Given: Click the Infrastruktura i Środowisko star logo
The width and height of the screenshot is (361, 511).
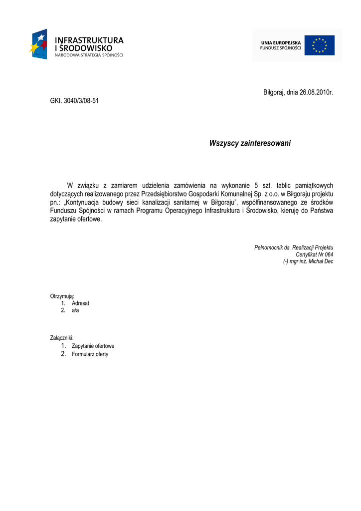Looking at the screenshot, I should click(x=38, y=44).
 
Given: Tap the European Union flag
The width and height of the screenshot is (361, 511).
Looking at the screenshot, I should click(x=320, y=45).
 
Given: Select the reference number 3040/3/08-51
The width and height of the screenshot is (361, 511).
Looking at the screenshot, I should click(x=81, y=100).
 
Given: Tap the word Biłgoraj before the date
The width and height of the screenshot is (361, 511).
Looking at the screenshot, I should click(x=273, y=93).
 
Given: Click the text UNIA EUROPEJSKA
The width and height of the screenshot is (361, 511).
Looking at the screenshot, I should click(x=281, y=43).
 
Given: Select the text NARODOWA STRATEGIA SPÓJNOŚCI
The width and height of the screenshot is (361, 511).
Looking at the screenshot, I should click(x=89, y=55).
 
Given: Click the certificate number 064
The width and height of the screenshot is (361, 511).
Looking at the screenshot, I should click(x=328, y=254).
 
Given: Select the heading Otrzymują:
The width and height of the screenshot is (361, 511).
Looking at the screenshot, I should click(x=62, y=296).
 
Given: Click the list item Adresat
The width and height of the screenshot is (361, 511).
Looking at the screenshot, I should click(x=80, y=303).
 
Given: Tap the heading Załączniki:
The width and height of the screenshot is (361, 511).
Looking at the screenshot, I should click(x=62, y=338).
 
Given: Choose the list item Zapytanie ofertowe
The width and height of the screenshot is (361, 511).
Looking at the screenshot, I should click(x=93, y=346).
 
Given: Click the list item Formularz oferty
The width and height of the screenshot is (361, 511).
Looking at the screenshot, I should click(x=90, y=354).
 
